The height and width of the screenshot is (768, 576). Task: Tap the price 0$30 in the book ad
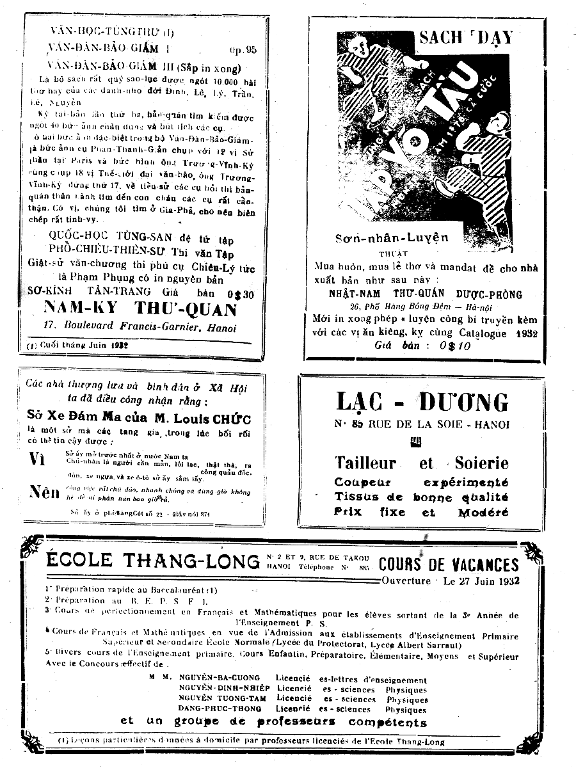coord(224,294)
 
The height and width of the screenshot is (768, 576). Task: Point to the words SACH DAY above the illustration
coord(465,37)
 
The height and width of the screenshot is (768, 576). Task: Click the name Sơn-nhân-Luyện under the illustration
coord(392,238)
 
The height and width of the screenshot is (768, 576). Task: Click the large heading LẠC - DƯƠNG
coord(422,402)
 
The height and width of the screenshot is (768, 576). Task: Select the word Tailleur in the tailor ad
coord(365,462)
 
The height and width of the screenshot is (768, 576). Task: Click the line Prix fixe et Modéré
coord(421,512)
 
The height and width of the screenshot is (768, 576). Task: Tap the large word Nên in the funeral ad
coord(44,492)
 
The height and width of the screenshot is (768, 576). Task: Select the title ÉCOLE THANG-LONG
coord(152,561)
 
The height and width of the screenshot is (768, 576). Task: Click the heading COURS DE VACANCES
coord(448,564)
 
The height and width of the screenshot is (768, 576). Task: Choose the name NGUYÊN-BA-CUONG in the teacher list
coord(220,678)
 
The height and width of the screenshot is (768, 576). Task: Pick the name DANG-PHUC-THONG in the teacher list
coord(220,709)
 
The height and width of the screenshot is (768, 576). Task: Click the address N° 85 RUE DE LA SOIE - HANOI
coord(422,424)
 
